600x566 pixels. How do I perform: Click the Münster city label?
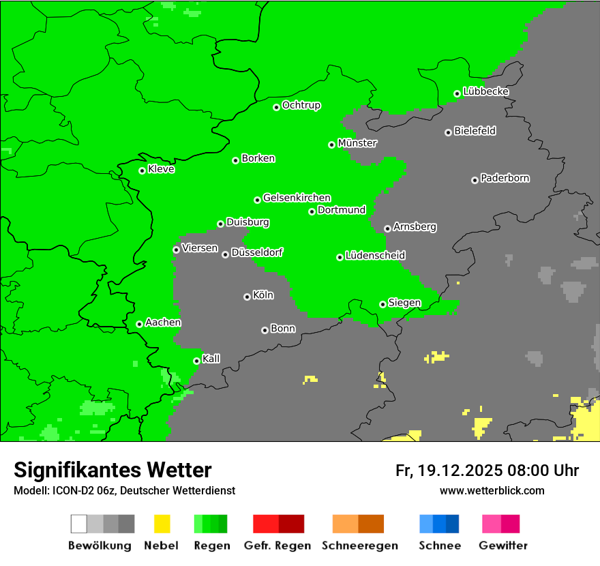click(x=357, y=143)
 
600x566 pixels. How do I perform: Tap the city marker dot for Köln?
click(x=247, y=297)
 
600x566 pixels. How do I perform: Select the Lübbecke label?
click(x=485, y=91)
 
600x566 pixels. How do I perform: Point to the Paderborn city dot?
click(x=475, y=180)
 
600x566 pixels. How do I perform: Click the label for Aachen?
click(x=163, y=323)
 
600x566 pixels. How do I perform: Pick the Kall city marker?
click(x=196, y=361)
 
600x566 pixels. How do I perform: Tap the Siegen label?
click(x=404, y=303)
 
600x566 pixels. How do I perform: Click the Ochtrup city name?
click(x=301, y=105)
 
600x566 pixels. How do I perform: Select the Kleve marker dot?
click(x=142, y=170)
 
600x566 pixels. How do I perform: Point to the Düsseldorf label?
click(x=257, y=252)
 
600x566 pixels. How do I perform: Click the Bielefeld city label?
click(x=475, y=131)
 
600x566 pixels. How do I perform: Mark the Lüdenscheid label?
click(x=375, y=256)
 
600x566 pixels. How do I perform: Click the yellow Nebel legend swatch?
click(x=162, y=524)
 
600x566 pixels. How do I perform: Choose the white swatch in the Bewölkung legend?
click(x=78, y=524)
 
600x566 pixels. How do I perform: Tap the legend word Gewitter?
click(x=503, y=546)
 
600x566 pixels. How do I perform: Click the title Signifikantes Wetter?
click(x=112, y=470)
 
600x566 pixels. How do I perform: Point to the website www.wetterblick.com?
click(x=492, y=490)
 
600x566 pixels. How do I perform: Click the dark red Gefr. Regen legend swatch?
click(x=291, y=524)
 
